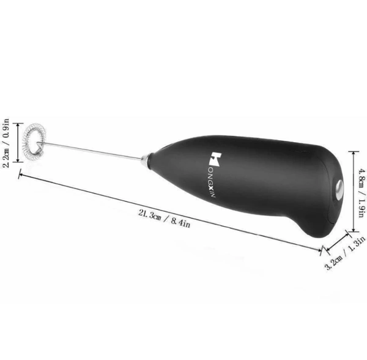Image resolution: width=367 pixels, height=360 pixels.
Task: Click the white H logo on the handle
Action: click(x=215, y=159)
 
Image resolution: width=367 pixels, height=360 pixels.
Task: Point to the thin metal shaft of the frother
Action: click(x=91, y=151)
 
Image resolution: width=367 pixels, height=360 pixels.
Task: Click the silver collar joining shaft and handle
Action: click(x=146, y=160)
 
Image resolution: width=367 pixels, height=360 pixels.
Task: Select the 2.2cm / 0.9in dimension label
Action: click(x=6, y=143)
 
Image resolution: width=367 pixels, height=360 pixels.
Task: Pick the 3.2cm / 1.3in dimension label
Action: click(x=345, y=253)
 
